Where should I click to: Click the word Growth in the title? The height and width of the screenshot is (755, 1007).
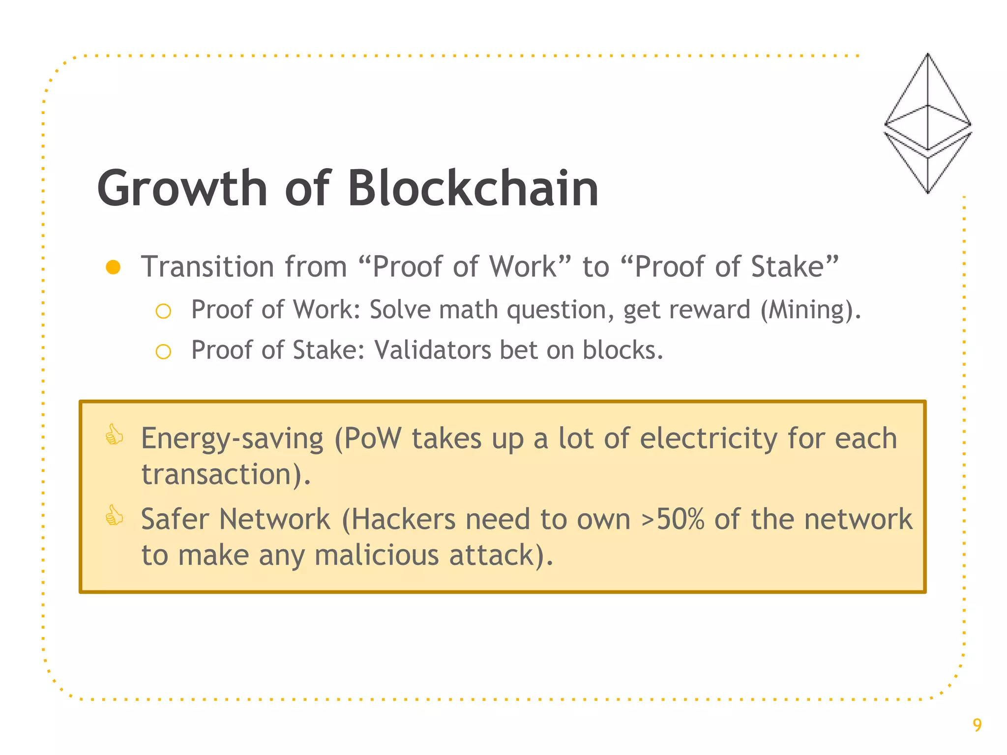(x=182, y=189)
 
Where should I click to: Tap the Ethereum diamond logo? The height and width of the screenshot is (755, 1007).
(x=927, y=123)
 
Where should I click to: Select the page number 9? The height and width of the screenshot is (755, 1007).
(x=977, y=725)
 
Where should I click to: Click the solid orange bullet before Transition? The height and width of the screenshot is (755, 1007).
(x=113, y=267)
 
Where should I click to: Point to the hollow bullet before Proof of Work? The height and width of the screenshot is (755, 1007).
(x=163, y=311)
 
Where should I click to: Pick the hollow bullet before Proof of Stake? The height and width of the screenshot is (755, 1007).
(x=163, y=351)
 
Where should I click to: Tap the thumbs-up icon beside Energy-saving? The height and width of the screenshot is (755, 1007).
(x=115, y=435)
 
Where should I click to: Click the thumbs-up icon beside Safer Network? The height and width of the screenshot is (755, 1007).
(x=115, y=516)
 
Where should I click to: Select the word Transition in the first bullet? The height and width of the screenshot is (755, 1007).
(x=207, y=267)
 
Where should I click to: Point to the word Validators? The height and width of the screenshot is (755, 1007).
(x=432, y=350)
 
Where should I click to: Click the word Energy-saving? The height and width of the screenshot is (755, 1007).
(x=232, y=439)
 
